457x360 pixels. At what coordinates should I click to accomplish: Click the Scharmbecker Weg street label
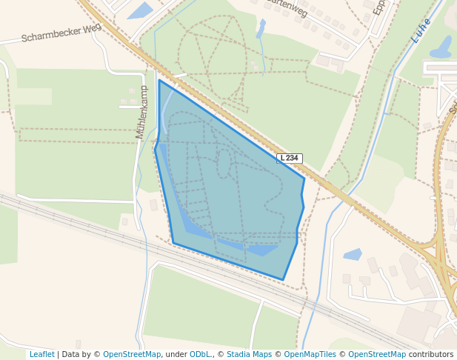point(61,33)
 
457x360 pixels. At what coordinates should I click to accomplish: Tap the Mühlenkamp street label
point(141,112)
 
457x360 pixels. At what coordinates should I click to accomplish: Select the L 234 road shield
point(290,158)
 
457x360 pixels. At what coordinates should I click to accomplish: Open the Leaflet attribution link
point(42,354)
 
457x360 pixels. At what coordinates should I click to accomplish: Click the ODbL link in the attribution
point(201,354)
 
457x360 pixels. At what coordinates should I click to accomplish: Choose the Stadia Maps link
point(249,354)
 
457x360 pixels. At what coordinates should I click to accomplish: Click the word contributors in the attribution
point(431,354)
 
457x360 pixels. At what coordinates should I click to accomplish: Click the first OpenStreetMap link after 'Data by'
point(132,354)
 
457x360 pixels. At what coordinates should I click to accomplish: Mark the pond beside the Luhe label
point(441,47)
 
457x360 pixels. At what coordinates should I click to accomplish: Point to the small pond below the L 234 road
point(353,254)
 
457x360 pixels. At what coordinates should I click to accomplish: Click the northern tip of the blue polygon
point(159,80)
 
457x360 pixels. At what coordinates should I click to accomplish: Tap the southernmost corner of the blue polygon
point(283,280)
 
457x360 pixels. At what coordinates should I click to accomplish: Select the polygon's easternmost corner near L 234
point(304,178)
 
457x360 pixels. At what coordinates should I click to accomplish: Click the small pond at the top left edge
point(140,10)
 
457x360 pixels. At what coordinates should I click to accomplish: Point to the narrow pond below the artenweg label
point(261,28)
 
